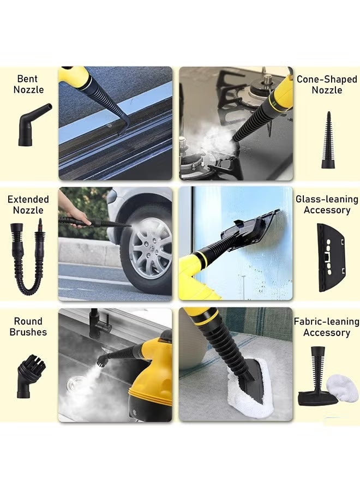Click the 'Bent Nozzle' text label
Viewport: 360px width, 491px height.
point(29,84)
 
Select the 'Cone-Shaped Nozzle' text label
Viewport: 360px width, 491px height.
point(326,84)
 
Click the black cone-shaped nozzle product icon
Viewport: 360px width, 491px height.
point(327,141)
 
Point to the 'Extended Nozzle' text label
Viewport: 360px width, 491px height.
point(28,205)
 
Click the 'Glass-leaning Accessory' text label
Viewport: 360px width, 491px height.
point(327,205)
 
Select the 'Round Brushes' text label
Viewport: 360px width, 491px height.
point(28,326)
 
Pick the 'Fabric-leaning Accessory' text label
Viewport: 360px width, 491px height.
point(326,327)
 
